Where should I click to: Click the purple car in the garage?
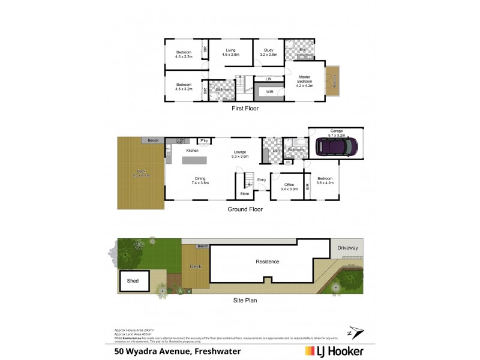[x=340, y=148]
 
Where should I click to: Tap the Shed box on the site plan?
[x=133, y=280]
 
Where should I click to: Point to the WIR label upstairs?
[x=270, y=91]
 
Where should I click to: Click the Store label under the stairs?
[x=244, y=193]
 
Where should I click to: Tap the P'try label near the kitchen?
[x=204, y=141]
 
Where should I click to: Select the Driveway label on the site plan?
[x=347, y=247]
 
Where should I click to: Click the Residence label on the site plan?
[x=268, y=262]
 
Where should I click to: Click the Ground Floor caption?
[x=244, y=209]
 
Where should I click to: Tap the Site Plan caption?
[x=244, y=300]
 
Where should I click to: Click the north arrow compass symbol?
[x=354, y=331]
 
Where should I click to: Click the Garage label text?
[x=336, y=132]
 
